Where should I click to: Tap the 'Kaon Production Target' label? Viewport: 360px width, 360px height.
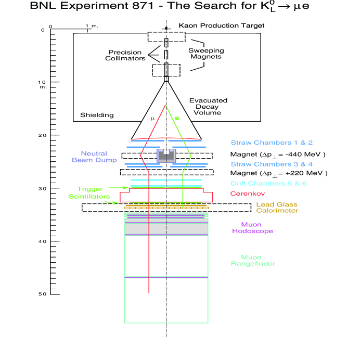(221, 25)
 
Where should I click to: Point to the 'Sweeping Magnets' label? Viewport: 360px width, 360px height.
(205, 54)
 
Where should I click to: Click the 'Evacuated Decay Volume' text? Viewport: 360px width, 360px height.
(204, 106)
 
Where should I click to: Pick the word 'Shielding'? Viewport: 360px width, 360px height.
(97, 115)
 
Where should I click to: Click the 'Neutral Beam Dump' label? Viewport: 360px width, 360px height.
(93, 157)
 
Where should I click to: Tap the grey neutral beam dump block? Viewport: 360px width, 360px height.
(166, 156)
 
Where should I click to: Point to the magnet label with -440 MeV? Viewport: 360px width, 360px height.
(278, 155)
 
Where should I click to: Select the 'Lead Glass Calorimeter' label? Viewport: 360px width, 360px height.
(277, 208)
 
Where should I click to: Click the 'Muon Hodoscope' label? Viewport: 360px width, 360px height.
(253, 228)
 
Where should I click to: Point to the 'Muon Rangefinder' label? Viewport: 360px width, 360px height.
(253, 260)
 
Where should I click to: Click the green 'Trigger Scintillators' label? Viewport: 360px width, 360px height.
(89, 193)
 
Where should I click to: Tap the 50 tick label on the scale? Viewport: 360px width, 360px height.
(42, 294)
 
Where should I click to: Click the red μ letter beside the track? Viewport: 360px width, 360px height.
(152, 119)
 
